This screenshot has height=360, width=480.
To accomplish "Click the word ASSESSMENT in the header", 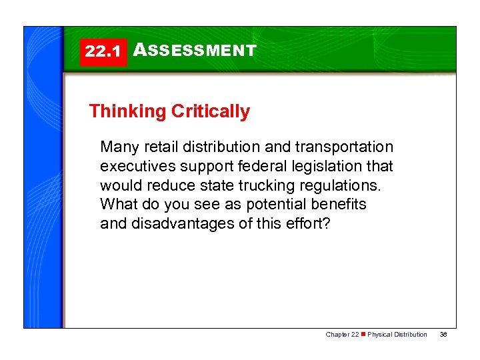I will click(x=195, y=50).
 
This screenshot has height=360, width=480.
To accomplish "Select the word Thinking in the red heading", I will click(x=127, y=111).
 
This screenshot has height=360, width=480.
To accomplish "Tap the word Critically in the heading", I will click(x=211, y=111).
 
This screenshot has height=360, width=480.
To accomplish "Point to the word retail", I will click(x=157, y=147).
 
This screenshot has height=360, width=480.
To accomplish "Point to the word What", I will click(x=117, y=204).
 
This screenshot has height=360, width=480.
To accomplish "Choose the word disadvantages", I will click(x=178, y=223).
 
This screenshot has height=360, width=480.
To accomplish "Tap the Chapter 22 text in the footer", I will click(x=341, y=335).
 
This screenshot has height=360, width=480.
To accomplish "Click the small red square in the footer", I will click(x=363, y=335).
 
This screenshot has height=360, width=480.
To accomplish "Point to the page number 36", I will click(x=443, y=335).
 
